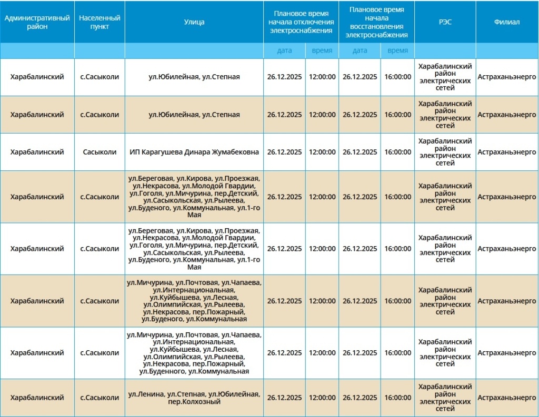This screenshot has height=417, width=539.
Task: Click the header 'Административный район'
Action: click(37, 22)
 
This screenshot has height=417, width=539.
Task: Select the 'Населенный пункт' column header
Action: click(99, 22)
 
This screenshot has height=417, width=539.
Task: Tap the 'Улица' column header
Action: click(194, 22)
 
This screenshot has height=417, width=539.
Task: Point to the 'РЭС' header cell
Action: click(445, 22)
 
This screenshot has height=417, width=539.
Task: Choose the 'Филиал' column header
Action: click(507, 22)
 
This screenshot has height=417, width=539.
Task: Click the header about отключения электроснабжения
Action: click(301, 22)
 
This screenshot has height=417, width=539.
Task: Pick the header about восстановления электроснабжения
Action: click(376, 22)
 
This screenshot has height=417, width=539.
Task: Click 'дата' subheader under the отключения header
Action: click(284, 50)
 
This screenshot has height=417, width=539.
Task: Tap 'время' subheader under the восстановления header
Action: click(397, 50)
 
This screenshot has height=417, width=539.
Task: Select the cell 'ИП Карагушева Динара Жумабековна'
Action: click(194, 152)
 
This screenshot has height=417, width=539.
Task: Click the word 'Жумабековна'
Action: click(235, 152)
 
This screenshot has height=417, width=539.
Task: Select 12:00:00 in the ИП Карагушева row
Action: click(322, 152)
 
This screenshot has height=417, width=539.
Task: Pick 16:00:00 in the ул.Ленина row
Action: click(397, 398)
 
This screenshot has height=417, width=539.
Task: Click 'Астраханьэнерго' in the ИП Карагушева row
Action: click(507, 152)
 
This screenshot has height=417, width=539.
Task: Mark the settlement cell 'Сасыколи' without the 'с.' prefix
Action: click(99, 152)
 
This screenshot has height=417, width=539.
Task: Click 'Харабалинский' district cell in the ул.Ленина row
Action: click(37, 398)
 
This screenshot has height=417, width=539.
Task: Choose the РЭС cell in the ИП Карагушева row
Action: click(445, 152)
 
